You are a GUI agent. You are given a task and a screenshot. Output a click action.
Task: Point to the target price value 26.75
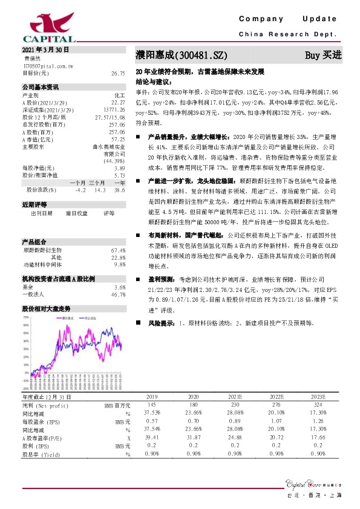118,72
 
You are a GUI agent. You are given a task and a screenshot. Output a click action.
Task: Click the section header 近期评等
34,205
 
